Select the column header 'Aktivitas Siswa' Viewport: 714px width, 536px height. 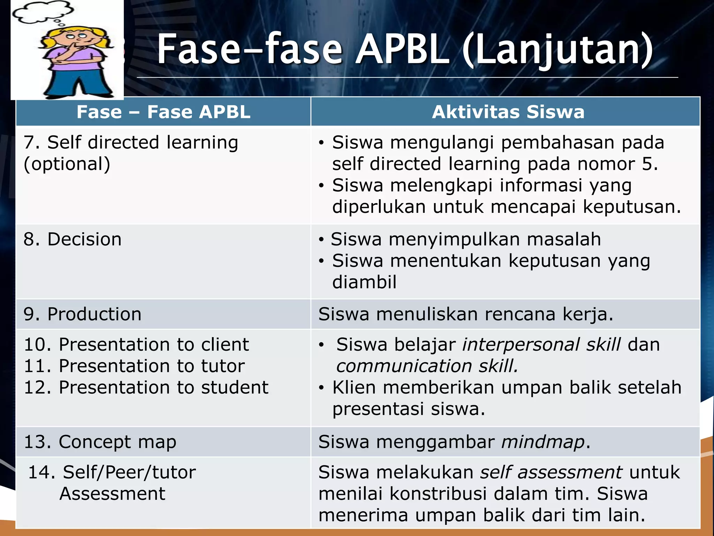[x=508, y=112]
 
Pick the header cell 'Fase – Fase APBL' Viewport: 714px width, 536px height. [x=163, y=112]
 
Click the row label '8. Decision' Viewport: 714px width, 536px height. [x=73, y=239]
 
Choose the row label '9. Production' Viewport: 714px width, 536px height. [x=83, y=314]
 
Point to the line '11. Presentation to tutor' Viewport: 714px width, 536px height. [x=134, y=366]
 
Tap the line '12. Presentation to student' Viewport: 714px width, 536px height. [x=146, y=387]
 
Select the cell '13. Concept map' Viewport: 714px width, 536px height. [x=100, y=442]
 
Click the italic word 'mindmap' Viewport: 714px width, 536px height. [x=543, y=442]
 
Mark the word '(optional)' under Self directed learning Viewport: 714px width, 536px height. [x=67, y=164]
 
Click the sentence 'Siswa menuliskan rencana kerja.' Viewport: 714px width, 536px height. [x=466, y=314]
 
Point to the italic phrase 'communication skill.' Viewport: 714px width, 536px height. [x=427, y=366]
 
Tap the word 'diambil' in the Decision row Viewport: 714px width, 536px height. [x=364, y=282]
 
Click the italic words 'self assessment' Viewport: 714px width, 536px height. [x=551, y=472]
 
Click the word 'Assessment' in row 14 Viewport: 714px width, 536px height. [x=112, y=494]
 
